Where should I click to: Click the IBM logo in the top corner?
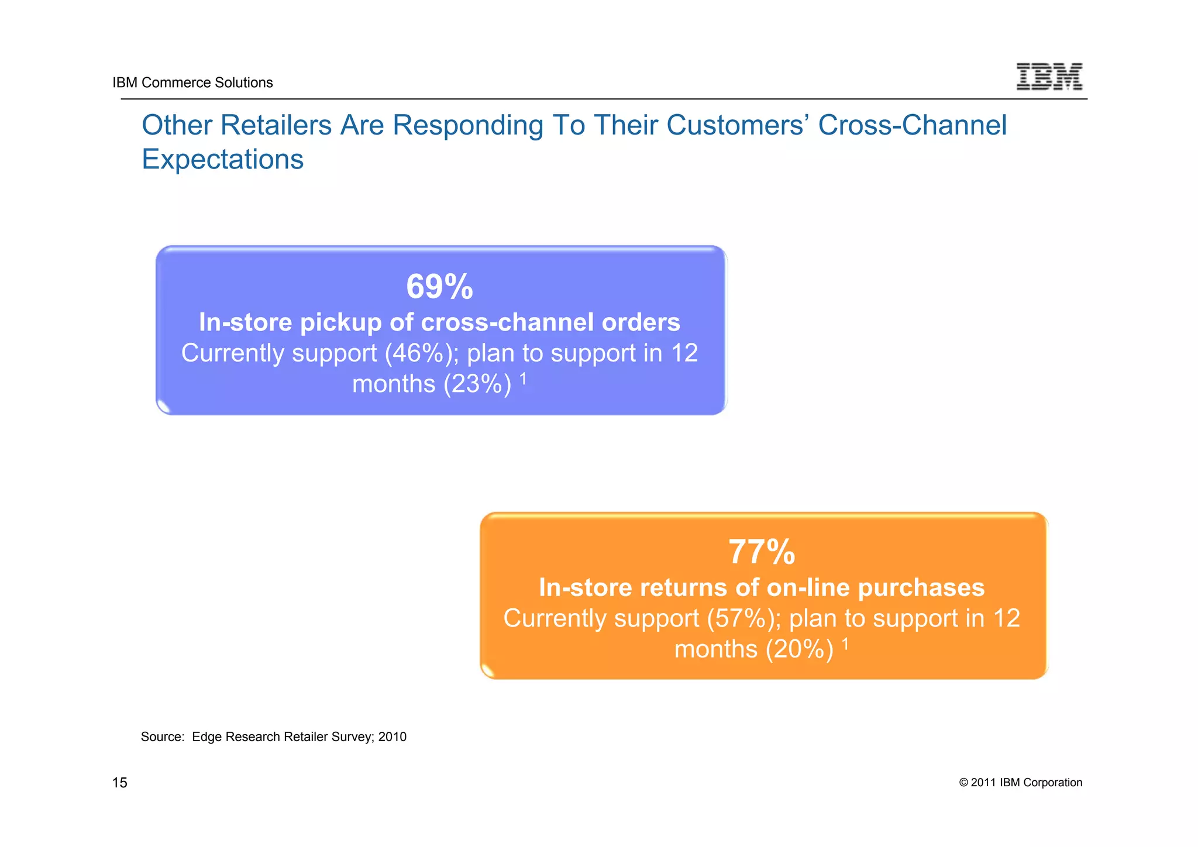coord(1049,76)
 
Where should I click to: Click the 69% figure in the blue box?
coord(439,287)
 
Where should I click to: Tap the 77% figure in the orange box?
coord(762,552)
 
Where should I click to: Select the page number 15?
coord(119,783)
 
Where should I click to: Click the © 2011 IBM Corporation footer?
coord(1020,783)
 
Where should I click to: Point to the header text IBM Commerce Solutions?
coord(192,82)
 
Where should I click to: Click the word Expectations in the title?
coord(222,159)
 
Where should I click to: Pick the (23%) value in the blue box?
coord(477,384)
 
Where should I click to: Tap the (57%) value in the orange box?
coord(740,618)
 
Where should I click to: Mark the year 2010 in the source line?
coord(392,737)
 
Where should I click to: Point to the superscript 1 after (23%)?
coord(524,379)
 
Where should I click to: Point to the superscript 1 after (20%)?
coord(845,644)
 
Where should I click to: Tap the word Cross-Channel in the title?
coord(912,125)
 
